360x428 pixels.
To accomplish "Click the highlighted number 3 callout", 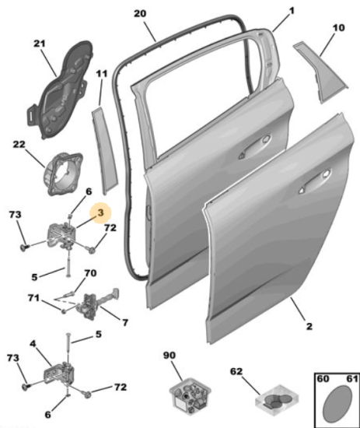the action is [x=100, y=212].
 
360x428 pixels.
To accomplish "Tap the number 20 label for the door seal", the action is [x=140, y=14].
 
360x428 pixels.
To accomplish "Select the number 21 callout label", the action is [x=40, y=44].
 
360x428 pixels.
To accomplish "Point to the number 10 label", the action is [x=338, y=28].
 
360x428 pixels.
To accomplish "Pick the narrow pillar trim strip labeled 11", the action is [x=105, y=150].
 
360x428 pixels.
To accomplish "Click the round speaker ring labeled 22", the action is [x=63, y=174].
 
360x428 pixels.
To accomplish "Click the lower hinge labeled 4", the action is [x=59, y=375].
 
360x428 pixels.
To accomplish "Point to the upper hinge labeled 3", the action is [x=62, y=235].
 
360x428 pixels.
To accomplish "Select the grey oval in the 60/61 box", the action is [x=337, y=403].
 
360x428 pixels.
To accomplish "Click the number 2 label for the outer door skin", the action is [x=309, y=326].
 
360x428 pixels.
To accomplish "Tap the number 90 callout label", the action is [x=170, y=356].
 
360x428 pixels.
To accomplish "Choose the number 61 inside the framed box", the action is [x=351, y=379].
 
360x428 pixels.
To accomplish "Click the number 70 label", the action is [x=90, y=273].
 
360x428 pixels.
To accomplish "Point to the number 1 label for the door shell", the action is [x=292, y=11].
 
